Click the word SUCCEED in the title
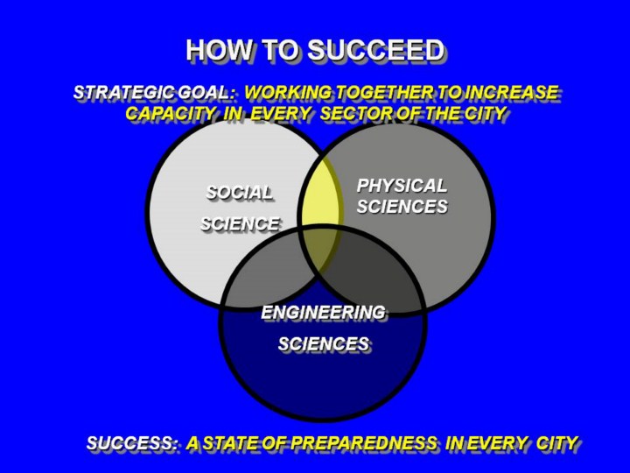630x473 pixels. coord(375,50)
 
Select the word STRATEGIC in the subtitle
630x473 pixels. coord(124,93)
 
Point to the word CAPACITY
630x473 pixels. coord(171,113)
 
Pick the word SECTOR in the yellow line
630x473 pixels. coord(356,113)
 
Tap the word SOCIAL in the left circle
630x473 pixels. coord(239,193)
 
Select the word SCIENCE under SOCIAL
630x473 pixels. coord(240,223)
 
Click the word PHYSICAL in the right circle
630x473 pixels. coord(402,186)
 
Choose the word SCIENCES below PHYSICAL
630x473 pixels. coord(402,207)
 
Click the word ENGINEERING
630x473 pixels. coord(323,312)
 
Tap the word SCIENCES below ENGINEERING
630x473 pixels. coord(324,343)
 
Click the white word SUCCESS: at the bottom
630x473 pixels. coord(132,443)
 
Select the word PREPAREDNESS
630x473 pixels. coord(364,443)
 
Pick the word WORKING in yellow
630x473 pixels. coord(289,93)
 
